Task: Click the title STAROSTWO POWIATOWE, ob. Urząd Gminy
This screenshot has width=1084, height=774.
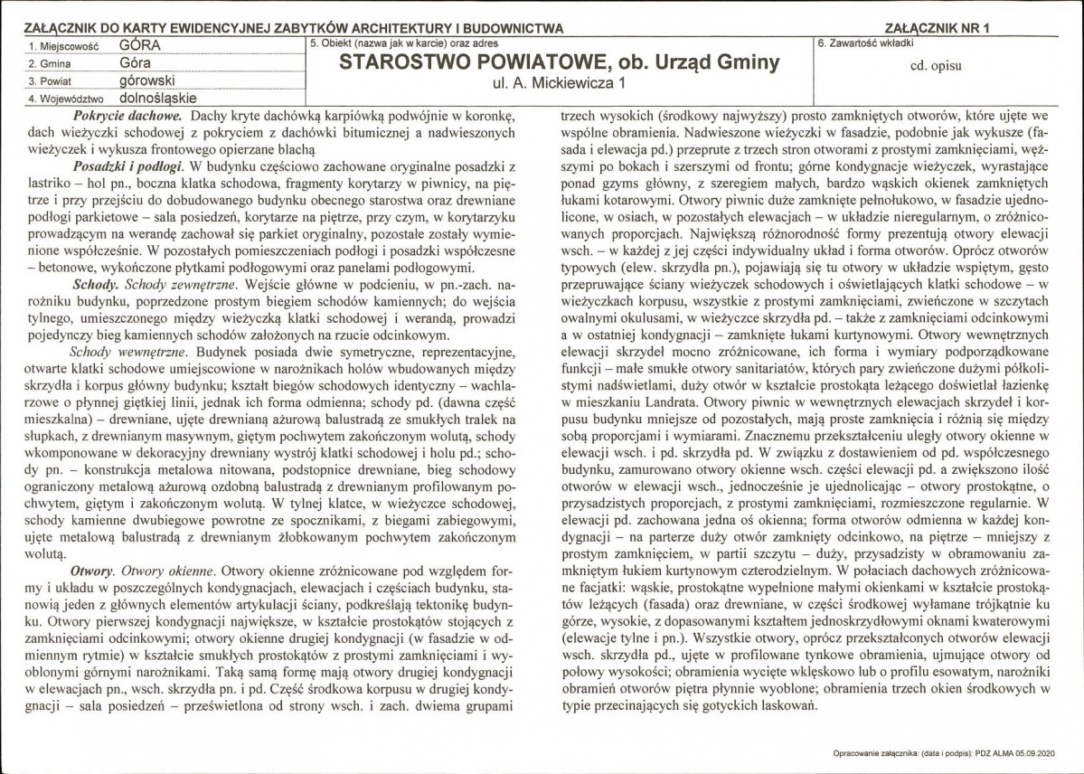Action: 558,64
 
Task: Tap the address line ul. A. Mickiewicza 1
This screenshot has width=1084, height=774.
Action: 557,87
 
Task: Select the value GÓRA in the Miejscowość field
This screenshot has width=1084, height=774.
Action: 135,43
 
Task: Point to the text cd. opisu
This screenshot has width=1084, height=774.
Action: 947,66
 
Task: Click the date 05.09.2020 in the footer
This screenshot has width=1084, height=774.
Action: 1055,752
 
